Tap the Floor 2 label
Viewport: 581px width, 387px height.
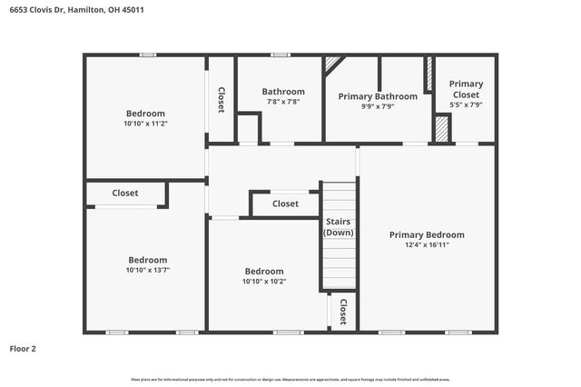tap(23, 348)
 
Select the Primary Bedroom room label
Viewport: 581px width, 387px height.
tap(427, 234)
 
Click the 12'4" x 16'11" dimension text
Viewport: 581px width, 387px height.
tap(427, 244)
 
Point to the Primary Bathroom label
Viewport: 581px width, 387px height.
tap(378, 96)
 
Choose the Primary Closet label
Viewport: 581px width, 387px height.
tap(467, 89)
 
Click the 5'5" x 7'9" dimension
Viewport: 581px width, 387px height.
tap(467, 104)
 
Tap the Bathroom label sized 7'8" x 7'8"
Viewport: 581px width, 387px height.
tap(283, 92)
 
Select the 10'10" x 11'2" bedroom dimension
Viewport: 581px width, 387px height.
tap(146, 124)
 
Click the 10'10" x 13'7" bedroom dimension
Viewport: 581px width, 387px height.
tap(146, 270)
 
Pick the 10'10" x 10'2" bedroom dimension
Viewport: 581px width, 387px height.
tap(264, 282)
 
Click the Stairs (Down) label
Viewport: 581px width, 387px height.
tap(339, 227)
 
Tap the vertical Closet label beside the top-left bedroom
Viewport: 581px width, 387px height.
tap(221, 100)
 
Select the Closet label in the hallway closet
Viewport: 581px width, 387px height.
tap(285, 204)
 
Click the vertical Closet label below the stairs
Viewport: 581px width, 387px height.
tap(343, 312)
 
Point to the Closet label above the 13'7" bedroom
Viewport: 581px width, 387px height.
tap(125, 193)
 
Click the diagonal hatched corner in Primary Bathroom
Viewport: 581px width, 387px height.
tap(332, 64)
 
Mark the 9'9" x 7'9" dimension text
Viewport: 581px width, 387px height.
tap(378, 106)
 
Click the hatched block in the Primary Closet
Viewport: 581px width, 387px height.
tap(441, 129)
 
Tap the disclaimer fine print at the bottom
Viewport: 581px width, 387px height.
tap(290, 378)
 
